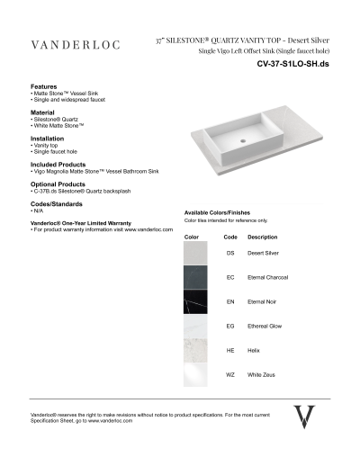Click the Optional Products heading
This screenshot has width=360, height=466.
59,184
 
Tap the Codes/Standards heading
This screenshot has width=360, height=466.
56,204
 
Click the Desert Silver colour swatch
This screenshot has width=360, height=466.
195,254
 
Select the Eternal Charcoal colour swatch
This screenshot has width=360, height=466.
195,278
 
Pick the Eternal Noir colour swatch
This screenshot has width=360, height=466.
195,302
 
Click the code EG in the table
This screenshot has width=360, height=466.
230,326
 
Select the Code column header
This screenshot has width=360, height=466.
230,237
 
